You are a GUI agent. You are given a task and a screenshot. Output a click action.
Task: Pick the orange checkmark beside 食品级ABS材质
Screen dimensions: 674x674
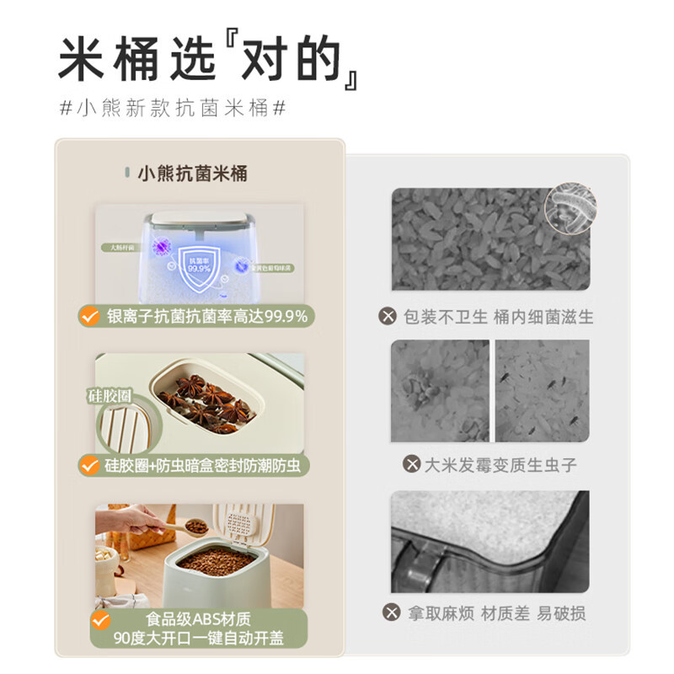tap(101, 622)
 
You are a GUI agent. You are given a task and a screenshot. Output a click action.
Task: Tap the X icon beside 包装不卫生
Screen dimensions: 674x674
tap(388, 317)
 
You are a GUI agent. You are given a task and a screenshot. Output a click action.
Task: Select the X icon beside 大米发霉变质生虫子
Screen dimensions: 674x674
tap(412, 464)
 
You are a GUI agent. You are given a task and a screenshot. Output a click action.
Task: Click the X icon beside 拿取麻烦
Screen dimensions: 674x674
tap(388, 612)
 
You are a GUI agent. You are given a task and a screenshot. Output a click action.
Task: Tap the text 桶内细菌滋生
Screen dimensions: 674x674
tap(545, 317)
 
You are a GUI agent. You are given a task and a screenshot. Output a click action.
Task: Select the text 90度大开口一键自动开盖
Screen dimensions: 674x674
tap(200, 638)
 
